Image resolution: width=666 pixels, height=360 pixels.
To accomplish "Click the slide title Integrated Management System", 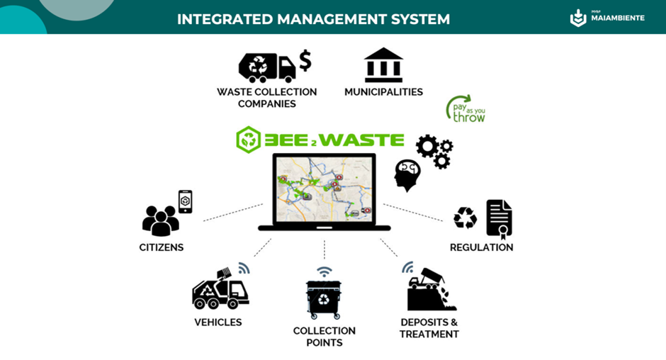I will (x=313, y=18).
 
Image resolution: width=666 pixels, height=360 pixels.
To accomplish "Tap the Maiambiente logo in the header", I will (x=607, y=18).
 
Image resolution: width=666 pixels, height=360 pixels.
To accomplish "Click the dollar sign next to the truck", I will (x=305, y=60).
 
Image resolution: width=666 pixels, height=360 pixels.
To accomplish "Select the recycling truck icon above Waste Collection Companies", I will (x=266, y=68).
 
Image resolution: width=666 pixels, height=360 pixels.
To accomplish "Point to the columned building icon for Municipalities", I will (x=383, y=65).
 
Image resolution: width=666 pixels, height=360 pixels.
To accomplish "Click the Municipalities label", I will (x=383, y=92).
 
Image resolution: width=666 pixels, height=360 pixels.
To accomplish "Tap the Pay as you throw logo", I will (x=465, y=109).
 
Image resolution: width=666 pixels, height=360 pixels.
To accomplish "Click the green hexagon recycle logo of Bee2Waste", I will (x=248, y=140).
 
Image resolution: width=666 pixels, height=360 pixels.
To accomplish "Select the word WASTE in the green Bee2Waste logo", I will (x=361, y=140).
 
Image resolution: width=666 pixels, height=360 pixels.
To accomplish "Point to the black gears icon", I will (x=434, y=151).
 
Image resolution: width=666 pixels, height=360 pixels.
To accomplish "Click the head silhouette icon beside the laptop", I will (x=407, y=175).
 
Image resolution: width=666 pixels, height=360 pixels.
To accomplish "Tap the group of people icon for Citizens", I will (x=161, y=221).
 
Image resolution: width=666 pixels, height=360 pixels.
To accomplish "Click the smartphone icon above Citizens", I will (x=185, y=201).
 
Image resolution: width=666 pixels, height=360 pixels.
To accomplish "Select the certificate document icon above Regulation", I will (x=499, y=218).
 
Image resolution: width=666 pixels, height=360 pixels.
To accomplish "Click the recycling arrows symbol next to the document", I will (x=465, y=218).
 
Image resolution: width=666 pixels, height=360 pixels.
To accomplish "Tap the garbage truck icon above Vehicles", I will (x=220, y=289).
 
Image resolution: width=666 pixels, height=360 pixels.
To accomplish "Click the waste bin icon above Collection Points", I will (x=324, y=298).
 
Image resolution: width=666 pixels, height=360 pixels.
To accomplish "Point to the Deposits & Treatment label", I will (x=429, y=328).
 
